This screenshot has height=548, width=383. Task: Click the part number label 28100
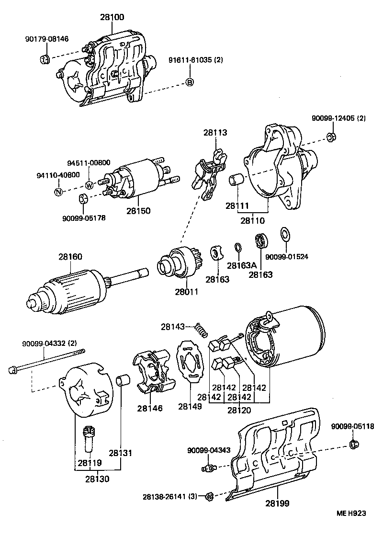click(x=112, y=17)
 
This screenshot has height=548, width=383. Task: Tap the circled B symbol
click(x=190, y=82)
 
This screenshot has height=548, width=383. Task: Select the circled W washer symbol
click(x=90, y=185)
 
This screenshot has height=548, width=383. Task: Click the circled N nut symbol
click(x=58, y=192)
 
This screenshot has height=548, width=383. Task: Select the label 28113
click(x=215, y=133)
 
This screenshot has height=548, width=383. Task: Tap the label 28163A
click(x=242, y=265)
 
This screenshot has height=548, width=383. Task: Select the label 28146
click(x=149, y=408)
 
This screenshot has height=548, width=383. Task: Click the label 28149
click(x=190, y=406)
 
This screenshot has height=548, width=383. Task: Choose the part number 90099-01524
click(x=287, y=257)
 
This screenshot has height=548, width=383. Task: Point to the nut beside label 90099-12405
click(x=330, y=137)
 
